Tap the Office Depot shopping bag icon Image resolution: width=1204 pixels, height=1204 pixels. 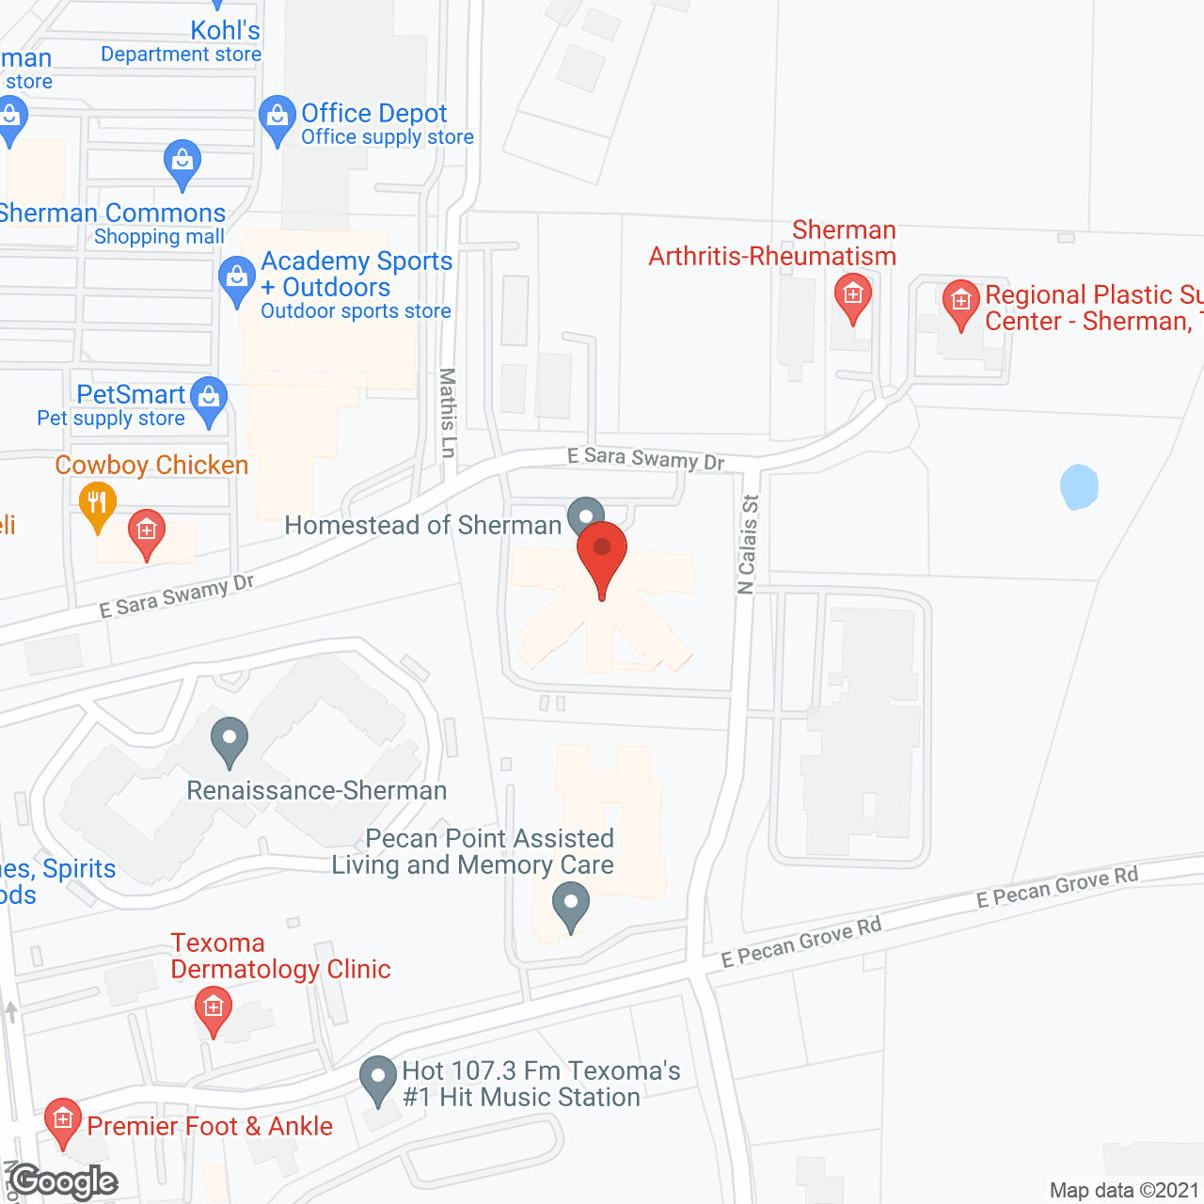click(277, 118)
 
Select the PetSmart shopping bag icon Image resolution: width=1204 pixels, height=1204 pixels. click(209, 399)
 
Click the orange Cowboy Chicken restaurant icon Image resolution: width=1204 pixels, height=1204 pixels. click(97, 504)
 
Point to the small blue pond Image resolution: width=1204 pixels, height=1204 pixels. click(1079, 486)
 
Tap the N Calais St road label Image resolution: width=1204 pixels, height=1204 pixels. click(748, 545)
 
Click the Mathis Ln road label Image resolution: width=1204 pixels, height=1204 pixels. click(448, 413)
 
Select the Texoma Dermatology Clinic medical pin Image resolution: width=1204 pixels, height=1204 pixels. click(214, 1009)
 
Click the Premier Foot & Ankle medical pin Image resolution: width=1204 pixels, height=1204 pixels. click(63, 1120)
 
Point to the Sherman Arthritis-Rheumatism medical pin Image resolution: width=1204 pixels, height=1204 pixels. click(853, 296)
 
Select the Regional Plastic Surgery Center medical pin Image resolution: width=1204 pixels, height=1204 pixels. click(960, 303)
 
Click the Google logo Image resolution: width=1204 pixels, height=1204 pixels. click(64, 1181)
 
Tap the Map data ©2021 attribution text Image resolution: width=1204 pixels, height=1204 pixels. click(1124, 1190)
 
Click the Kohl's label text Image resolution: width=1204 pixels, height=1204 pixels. click(225, 30)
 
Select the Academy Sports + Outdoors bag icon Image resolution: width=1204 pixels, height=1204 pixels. click(236, 279)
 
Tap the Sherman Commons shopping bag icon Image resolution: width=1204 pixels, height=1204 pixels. click(182, 162)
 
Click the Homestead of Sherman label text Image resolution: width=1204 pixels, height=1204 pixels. click(423, 525)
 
